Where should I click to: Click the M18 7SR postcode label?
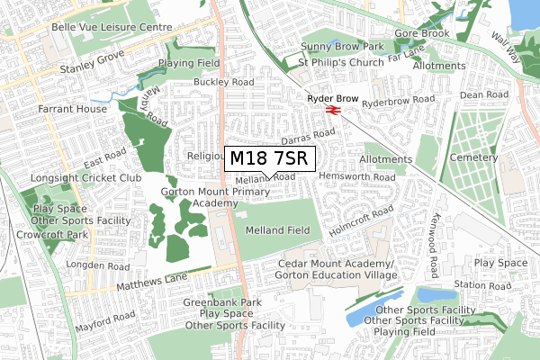click(269, 158)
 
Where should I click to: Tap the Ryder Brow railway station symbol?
click(332, 111)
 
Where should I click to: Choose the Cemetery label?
click(473, 157)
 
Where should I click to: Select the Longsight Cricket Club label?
click(86, 178)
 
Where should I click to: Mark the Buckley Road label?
click(223, 82)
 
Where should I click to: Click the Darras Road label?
click(307, 136)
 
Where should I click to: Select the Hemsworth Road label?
click(356, 177)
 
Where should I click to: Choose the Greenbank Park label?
click(221, 302)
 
